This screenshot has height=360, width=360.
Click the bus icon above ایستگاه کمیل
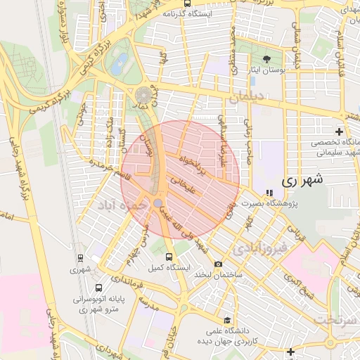(x=168, y=257)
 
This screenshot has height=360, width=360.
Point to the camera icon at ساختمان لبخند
(x=219, y=264)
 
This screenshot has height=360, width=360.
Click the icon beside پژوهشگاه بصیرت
(x=268, y=193)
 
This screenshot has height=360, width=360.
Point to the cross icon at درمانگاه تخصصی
(x=339, y=131)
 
